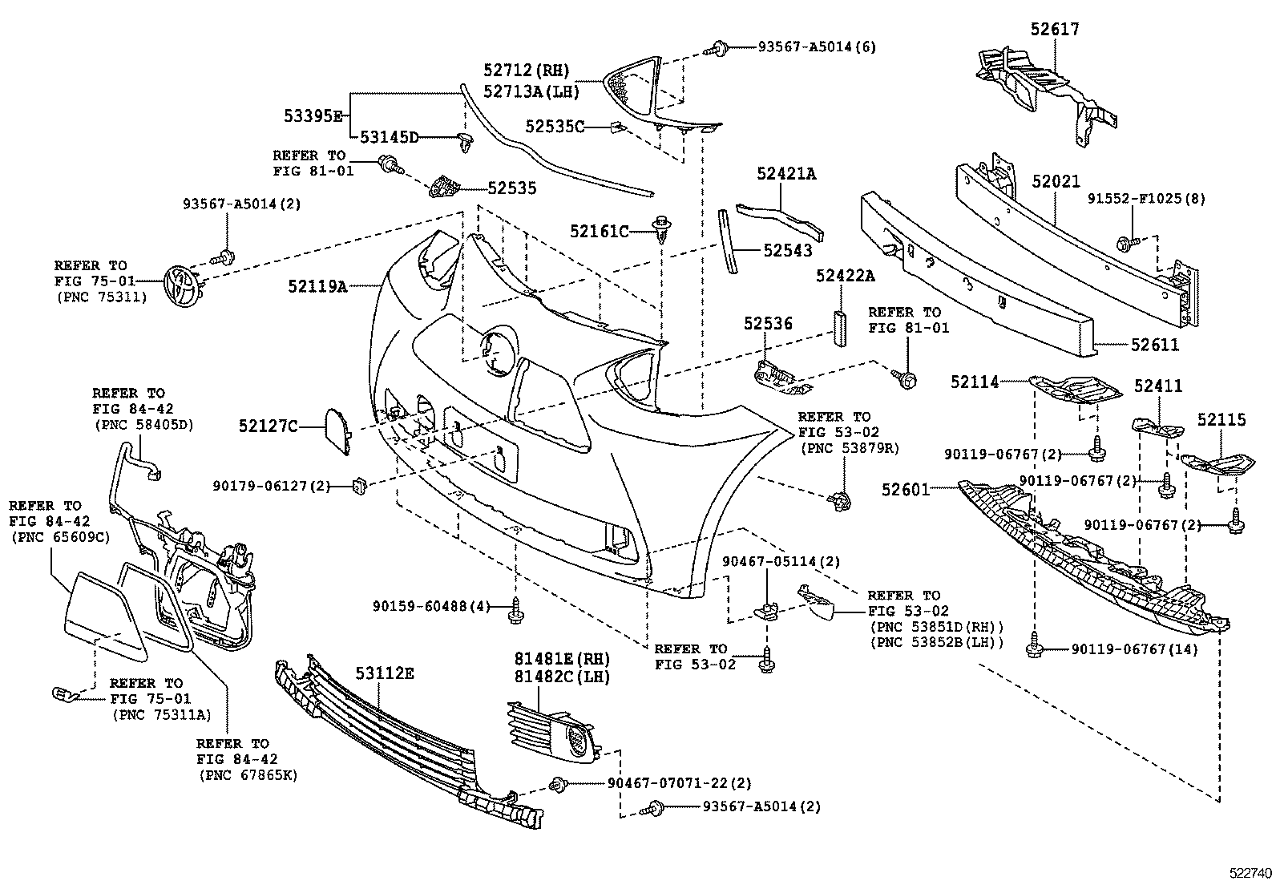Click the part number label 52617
(1055, 30)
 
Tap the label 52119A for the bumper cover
(317, 285)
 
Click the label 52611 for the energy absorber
(1155, 345)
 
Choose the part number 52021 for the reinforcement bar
(1056, 183)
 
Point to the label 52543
(787, 251)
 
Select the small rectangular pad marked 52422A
(840, 328)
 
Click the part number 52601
(906, 489)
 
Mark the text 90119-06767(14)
(1134, 649)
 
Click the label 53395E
(313, 115)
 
